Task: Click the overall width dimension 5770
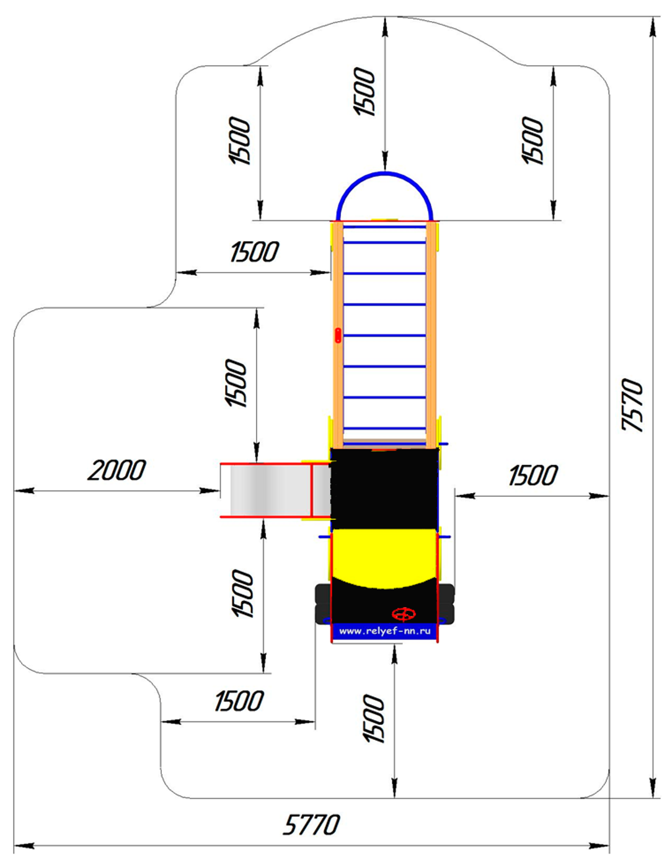pyautogui.click(x=311, y=825)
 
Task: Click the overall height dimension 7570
pyautogui.click(x=632, y=404)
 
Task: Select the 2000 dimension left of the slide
pyautogui.click(x=117, y=470)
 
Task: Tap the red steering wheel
pyautogui.click(x=404, y=614)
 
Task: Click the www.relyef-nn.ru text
pyautogui.click(x=385, y=631)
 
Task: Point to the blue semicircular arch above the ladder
pyautogui.click(x=384, y=173)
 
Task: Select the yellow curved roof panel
pyautogui.click(x=384, y=559)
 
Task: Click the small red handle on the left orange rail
pyautogui.click(x=338, y=335)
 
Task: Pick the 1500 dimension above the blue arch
pyautogui.click(x=364, y=92)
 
